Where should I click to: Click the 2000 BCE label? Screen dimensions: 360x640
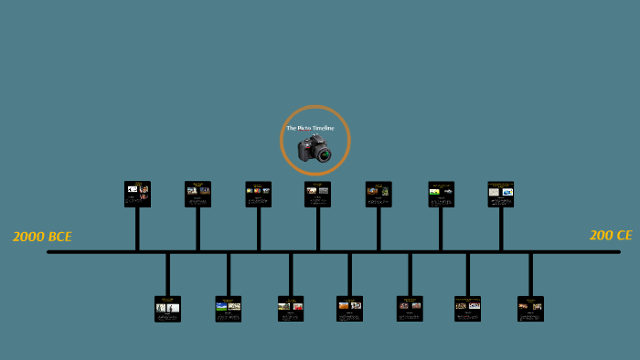(42, 237)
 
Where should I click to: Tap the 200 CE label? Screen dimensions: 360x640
(611, 235)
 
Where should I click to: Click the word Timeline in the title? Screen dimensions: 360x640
(323, 128)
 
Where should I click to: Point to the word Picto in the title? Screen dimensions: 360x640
(303, 128)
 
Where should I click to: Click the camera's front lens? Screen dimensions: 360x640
(324, 154)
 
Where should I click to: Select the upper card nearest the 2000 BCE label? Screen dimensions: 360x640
(137, 194)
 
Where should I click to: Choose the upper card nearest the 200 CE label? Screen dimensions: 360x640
(500, 194)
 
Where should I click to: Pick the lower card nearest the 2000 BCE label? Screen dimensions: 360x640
(167, 309)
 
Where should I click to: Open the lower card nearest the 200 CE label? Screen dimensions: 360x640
(530, 309)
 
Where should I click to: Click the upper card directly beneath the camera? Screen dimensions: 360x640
(317, 194)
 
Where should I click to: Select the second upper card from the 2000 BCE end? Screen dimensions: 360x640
(197, 194)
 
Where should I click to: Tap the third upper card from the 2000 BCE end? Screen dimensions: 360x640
(258, 194)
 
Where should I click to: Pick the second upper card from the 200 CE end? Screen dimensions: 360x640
(441, 194)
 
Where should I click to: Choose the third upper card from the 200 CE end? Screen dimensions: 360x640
(379, 194)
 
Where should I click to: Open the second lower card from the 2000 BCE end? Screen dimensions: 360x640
(228, 309)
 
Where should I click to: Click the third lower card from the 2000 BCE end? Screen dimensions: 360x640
(290, 309)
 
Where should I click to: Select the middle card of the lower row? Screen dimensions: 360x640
(349, 309)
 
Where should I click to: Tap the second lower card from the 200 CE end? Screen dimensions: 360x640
(467, 309)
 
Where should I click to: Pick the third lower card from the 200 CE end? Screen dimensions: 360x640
(410, 309)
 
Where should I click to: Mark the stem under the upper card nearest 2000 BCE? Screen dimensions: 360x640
(137, 228)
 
